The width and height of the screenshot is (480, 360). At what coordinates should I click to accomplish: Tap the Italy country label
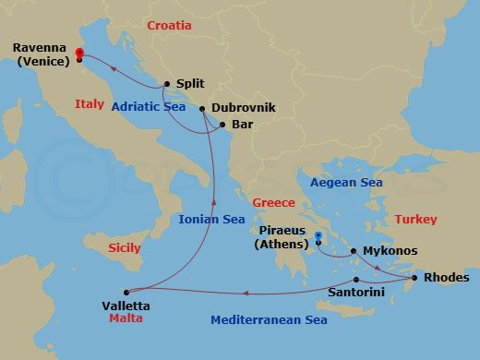90,104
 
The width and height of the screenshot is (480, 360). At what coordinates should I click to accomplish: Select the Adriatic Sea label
149,107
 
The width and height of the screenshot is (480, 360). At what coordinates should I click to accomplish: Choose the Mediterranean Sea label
269,320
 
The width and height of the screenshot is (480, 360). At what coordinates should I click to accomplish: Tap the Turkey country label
415,219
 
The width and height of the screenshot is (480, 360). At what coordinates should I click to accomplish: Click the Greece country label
273,202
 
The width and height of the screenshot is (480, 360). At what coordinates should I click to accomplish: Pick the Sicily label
125,247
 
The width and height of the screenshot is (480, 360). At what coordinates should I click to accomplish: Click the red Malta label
126,318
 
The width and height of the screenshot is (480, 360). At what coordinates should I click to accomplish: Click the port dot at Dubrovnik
202,109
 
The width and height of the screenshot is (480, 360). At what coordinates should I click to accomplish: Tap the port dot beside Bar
222,124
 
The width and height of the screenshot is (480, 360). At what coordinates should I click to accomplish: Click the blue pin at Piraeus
318,237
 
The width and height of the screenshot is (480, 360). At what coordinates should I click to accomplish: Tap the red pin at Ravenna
79,54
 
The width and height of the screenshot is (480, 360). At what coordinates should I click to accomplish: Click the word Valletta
126,306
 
